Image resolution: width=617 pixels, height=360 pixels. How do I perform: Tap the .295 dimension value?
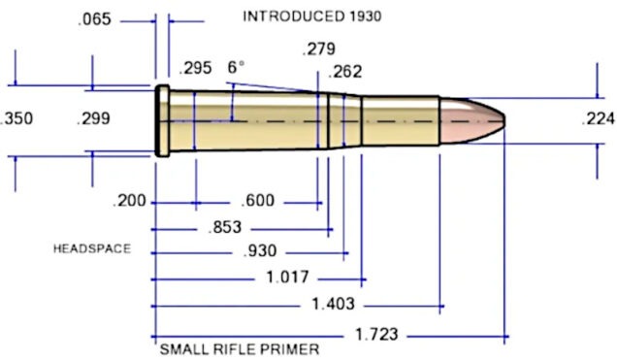(x=196, y=68)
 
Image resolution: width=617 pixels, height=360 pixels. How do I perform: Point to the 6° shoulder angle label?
(x=236, y=68)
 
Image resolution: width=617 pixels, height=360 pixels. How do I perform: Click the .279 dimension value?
(x=318, y=49)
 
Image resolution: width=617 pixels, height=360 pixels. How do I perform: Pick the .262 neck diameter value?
(x=346, y=72)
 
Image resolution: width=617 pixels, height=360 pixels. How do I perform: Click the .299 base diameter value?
(x=92, y=119)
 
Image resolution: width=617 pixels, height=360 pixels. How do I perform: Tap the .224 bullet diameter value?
(x=596, y=119)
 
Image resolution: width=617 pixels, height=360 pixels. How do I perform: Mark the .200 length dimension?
(x=129, y=202)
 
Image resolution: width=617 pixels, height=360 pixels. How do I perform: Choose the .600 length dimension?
(x=257, y=202)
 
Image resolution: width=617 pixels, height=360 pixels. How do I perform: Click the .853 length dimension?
(x=225, y=228)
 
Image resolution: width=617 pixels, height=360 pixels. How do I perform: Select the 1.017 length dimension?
(x=288, y=278)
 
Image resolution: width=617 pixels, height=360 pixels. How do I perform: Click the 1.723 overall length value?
(x=375, y=334)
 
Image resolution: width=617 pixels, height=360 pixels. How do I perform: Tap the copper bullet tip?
(x=485, y=119)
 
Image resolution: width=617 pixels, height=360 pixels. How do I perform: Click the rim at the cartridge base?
(x=161, y=120)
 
